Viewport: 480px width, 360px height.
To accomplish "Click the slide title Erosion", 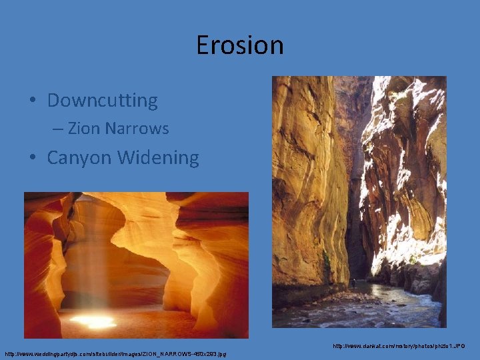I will click(x=239, y=45).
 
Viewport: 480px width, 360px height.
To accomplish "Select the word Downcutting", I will click(x=102, y=101).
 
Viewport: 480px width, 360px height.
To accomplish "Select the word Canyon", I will click(x=79, y=158).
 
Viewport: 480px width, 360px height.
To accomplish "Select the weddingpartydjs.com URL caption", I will click(x=115, y=353).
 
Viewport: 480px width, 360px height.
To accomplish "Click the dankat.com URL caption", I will click(x=399, y=346).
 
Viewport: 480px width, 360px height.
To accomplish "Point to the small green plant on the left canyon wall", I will click(x=327, y=260).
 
